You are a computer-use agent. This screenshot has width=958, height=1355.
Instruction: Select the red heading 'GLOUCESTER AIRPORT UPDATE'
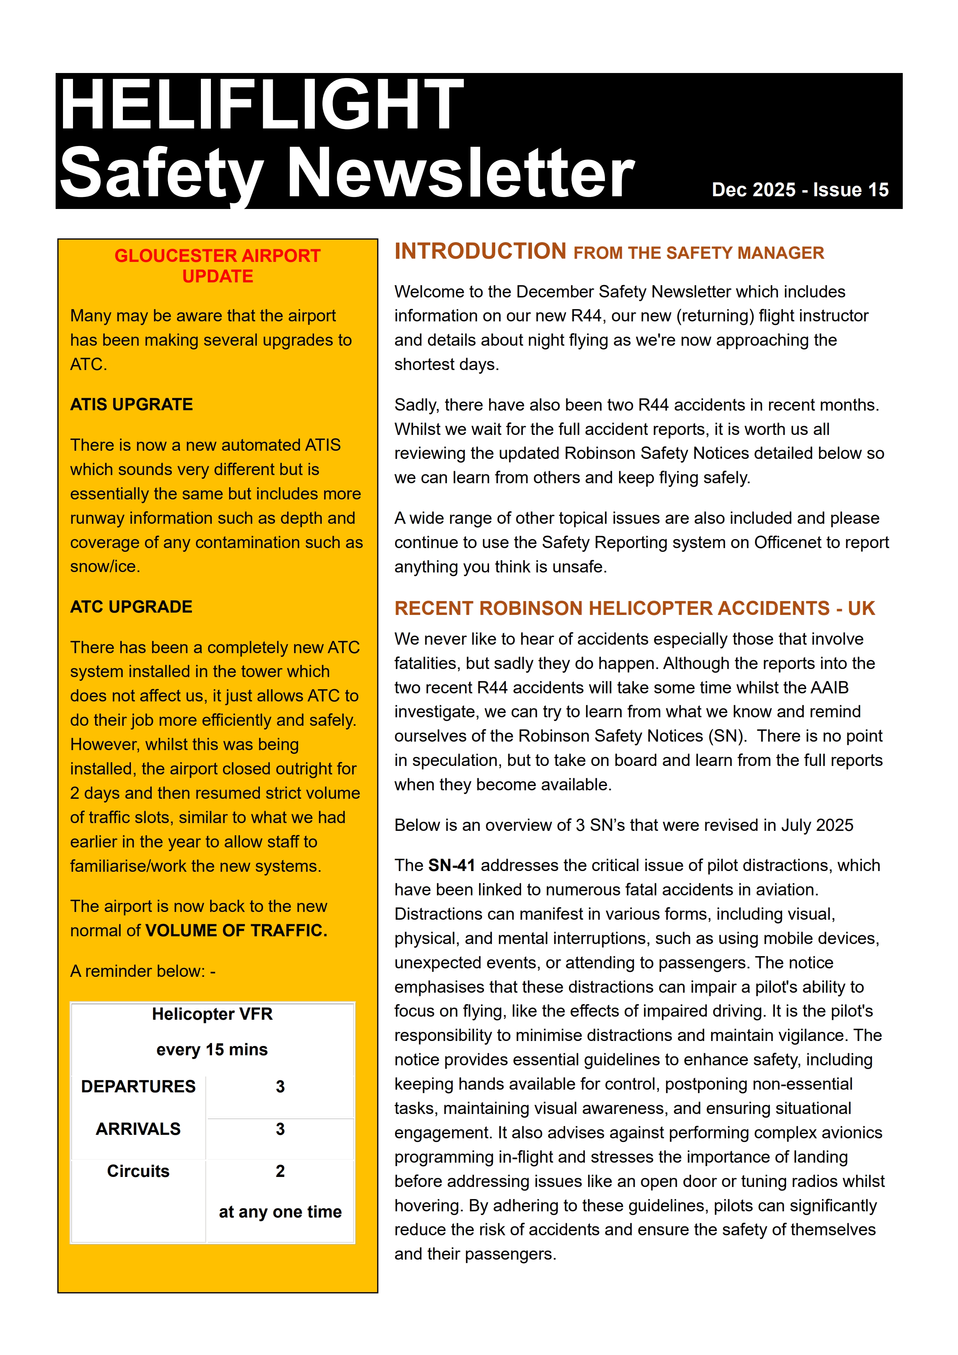(x=217, y=266)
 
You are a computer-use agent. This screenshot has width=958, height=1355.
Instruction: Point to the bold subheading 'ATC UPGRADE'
(x=131, y=607)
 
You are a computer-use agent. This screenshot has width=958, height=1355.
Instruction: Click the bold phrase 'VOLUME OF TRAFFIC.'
(x=236, y=931)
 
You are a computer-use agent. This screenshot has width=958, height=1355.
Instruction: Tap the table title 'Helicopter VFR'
(x=212, y=1014)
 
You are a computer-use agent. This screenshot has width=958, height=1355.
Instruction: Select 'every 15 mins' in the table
(x=212, y=1049)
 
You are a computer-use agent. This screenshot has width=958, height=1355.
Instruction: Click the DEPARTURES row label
(x=138, y=1087)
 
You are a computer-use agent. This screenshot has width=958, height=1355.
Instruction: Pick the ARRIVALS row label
(x=138, y=1129)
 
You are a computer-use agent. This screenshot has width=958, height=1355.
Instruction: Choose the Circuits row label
(x=138, y=1172)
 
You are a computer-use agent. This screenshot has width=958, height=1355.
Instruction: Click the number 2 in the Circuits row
(x=280, y=1172)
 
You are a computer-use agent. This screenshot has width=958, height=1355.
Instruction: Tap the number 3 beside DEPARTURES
(x=280, y=1087)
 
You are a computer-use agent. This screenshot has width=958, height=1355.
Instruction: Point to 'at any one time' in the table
(x=280, y=1212)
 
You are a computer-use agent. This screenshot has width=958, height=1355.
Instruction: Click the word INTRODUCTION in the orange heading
(x=481, y=251)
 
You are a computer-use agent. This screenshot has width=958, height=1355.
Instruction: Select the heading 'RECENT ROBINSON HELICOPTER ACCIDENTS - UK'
(x=635, y=608)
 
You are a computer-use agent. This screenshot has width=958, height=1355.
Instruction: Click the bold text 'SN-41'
(x=452, y=865)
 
